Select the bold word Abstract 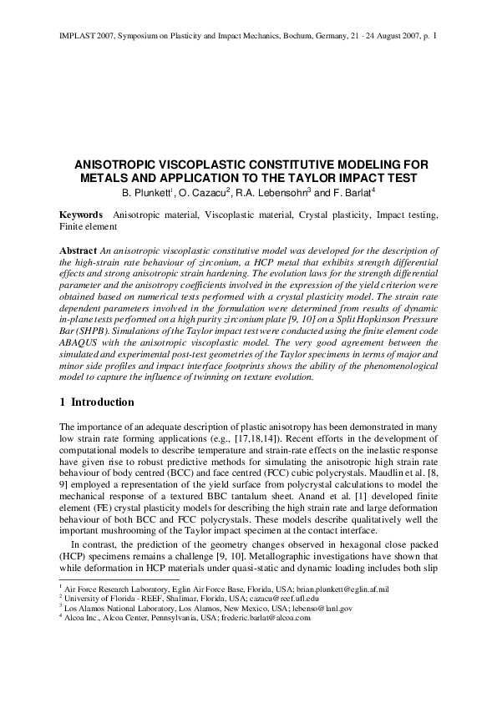tap(78, 250)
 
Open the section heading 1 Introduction tap(97, 402)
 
